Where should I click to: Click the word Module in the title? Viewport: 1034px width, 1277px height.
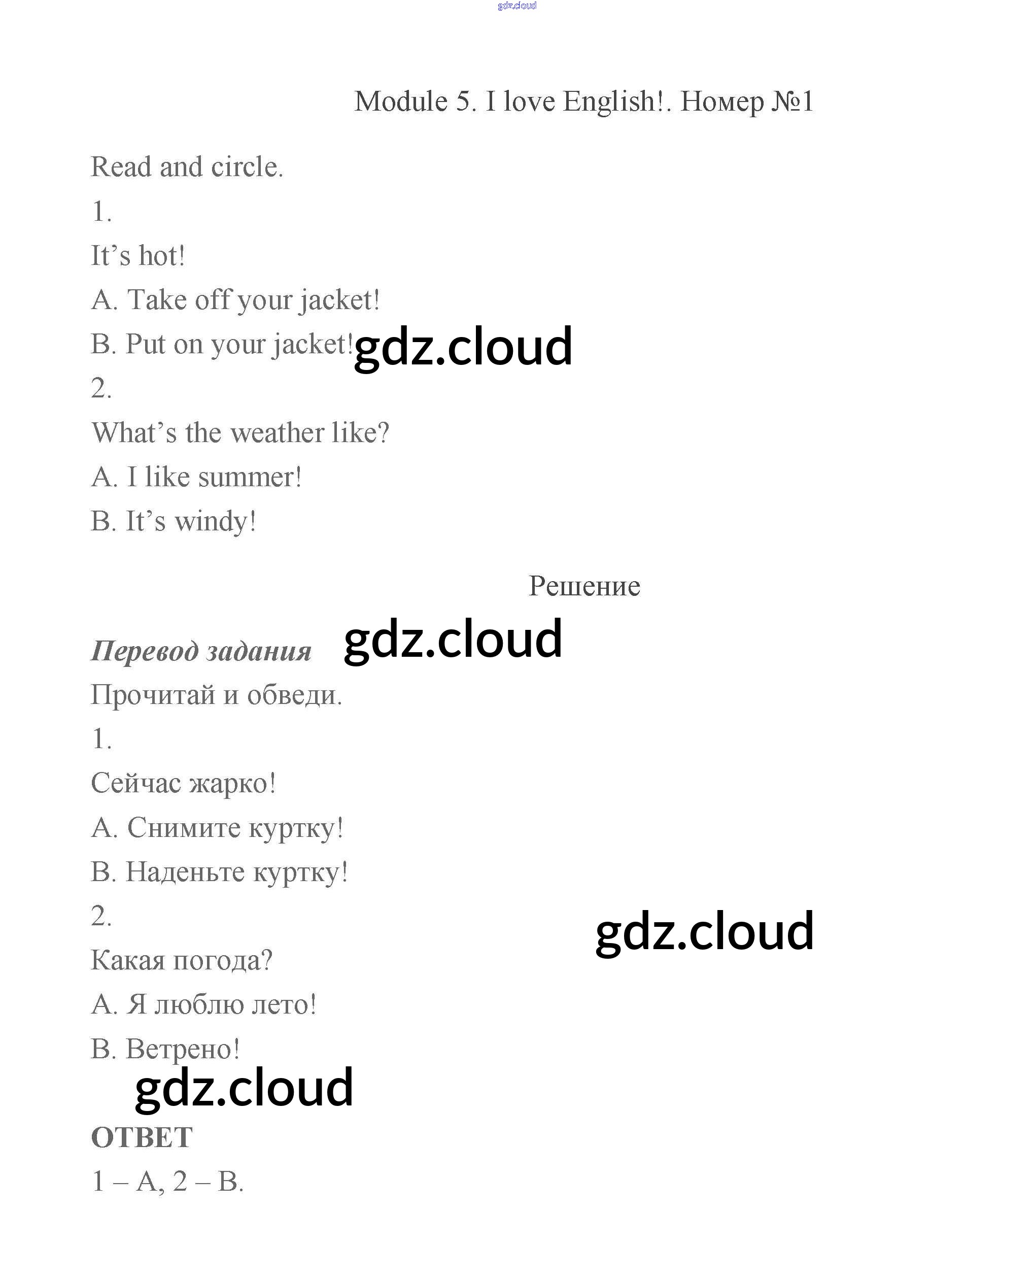click(x=401, y=102)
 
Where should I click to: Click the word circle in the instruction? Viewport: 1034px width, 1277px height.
click(x=247, y=167)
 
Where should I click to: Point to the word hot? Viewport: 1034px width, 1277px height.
click(x=162, y=256)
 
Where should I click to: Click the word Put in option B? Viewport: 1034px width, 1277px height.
click(x=145, y=344)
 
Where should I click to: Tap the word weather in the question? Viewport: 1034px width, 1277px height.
click(x=278, y=432)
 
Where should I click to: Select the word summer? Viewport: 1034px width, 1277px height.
click(x=250, y=477)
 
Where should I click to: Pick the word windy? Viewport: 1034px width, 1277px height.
click(x=215, y=521)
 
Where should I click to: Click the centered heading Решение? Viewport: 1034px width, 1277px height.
click(x=584, y=586)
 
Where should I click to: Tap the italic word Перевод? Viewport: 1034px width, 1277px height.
click(x=145, y=650)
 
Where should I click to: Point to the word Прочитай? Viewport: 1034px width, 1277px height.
click(x=153, y=695)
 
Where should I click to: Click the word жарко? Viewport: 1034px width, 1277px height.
click(x=233, y=783)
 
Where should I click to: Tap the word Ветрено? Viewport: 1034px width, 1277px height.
click(x=183, y=1049)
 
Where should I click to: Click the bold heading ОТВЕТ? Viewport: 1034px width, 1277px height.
click(x=142, y=1137)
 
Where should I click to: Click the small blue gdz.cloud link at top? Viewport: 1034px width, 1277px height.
click(x=516, y=6)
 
